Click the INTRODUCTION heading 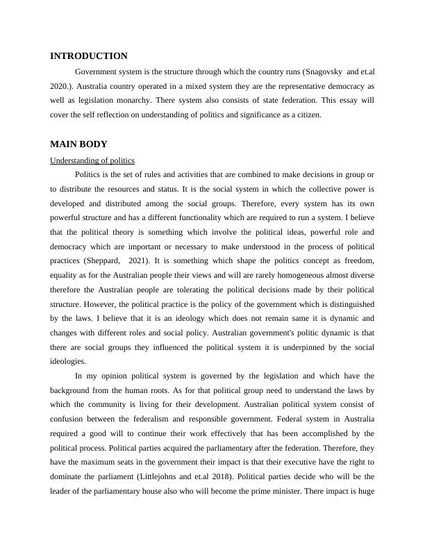click(89, 56)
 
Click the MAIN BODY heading click(78, 144)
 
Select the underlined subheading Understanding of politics click(92, 160)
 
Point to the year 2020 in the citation click(62, 86)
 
